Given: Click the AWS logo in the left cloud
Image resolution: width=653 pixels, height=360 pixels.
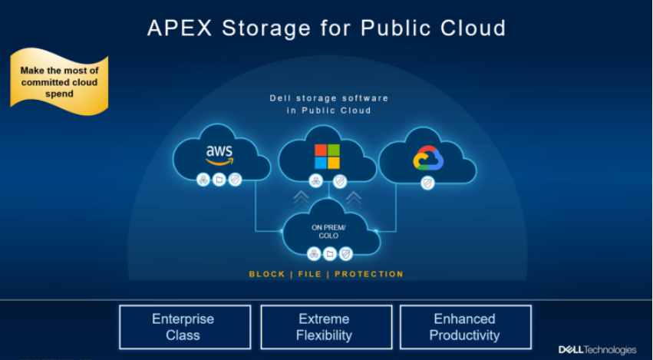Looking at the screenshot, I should coord(219,154).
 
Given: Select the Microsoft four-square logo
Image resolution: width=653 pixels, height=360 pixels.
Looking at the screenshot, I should coord(327,156).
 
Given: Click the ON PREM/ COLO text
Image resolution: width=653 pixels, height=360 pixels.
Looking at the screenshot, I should coord(329,231).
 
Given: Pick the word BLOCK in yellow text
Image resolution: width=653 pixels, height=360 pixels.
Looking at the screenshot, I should coord(267,274).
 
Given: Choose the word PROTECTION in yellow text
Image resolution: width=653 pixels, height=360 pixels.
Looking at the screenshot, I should coord(369,274).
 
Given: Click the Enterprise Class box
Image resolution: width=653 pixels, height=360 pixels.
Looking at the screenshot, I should coord(185,327).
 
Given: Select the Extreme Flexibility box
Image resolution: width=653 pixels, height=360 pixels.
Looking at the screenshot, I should coord(326,327).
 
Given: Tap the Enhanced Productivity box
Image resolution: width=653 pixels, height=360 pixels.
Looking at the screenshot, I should coord(465,327).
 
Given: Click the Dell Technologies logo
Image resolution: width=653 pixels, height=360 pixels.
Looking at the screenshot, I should coord(597,350).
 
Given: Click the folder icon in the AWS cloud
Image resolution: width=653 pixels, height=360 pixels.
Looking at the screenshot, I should coord(219,180).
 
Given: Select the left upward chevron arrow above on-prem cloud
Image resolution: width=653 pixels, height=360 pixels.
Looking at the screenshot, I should coord(302,199).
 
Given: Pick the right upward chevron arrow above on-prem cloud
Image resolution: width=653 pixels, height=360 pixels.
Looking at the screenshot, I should coord(354,199).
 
